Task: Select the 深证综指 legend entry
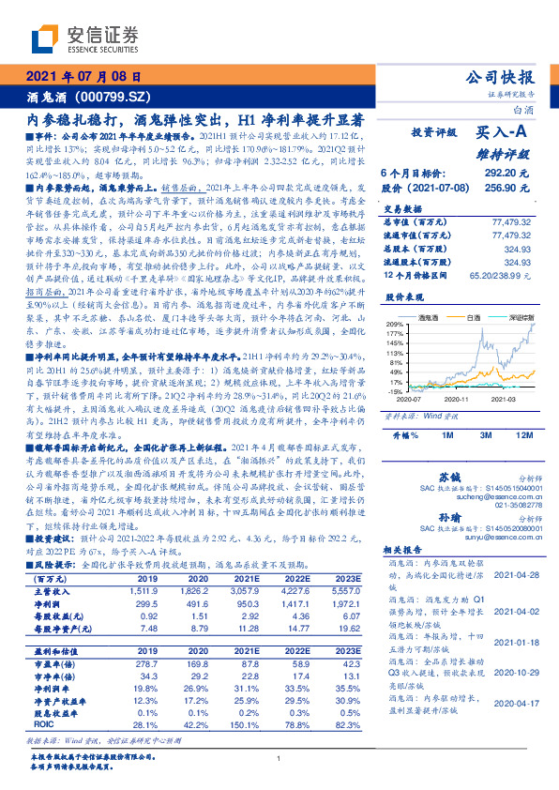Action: click(516, 319)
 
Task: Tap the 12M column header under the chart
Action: click(525, 436)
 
